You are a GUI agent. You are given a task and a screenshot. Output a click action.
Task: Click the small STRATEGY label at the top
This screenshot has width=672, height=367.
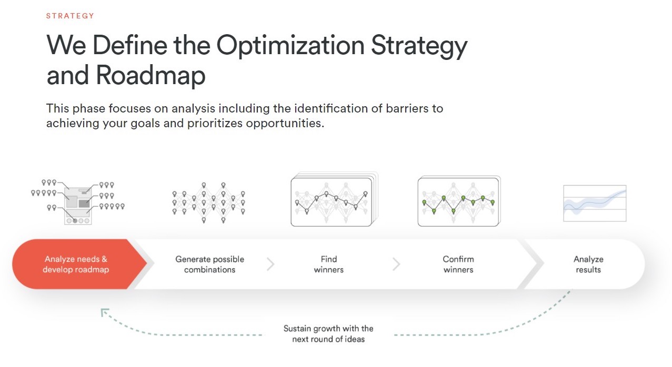tap(70, 16)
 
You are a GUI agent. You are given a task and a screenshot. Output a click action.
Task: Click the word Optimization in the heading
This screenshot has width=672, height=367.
tap(290, 46)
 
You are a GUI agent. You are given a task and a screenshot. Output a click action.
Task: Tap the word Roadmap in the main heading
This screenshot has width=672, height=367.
tap(150, 76)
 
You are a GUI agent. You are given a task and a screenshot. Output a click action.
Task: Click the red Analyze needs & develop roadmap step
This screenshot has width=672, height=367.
tap(76, 264)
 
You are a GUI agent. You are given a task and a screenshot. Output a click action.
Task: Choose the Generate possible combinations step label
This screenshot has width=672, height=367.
tap(209, 264)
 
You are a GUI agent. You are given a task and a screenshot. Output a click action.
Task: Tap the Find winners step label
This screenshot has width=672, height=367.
tap(328, 264)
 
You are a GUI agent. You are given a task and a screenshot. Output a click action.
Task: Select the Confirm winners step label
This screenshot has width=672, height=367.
tap(458, 264)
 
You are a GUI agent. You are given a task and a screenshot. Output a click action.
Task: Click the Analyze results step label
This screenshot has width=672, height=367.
tap(588, 264)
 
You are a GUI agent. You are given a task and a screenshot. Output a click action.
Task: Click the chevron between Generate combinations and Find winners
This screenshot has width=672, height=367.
tap(270, 264)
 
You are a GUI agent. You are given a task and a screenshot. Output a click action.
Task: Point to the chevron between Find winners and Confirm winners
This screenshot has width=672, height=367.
tap(396, 264)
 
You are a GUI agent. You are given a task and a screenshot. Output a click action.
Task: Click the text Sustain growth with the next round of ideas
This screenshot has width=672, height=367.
tap(328, 334)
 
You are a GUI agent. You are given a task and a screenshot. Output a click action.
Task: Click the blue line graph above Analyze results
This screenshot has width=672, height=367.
tap(595, 203)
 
